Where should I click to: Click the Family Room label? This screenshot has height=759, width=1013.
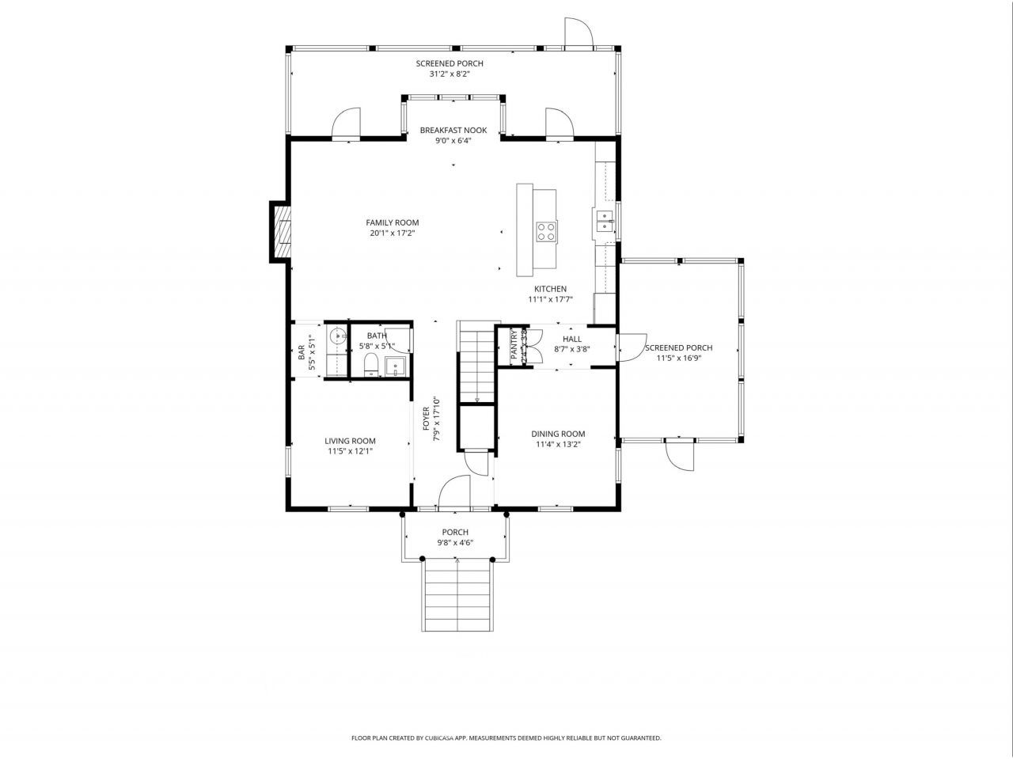[392, 222]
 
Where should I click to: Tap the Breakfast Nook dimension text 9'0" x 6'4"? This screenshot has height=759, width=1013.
[453, 141]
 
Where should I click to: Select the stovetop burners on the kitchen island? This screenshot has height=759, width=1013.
[546, 231]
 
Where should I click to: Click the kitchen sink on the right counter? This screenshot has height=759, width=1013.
[604, 221]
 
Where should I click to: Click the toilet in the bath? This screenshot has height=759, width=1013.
[370, 366]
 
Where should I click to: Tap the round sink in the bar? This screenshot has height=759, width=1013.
[337, 336]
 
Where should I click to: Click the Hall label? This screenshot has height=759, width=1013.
[572, 339]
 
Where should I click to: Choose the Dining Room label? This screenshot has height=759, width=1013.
[558, 434]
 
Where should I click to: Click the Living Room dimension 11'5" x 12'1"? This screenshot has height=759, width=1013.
[350, 451]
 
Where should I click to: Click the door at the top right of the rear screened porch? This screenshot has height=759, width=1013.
[578, 32]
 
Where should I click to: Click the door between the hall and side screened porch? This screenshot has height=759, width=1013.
[629, 347]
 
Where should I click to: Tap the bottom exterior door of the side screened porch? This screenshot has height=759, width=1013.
[680, 454]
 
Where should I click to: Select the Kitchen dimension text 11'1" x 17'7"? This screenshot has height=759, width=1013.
[550, 299]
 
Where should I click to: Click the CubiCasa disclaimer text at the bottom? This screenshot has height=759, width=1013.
[506, 738]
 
